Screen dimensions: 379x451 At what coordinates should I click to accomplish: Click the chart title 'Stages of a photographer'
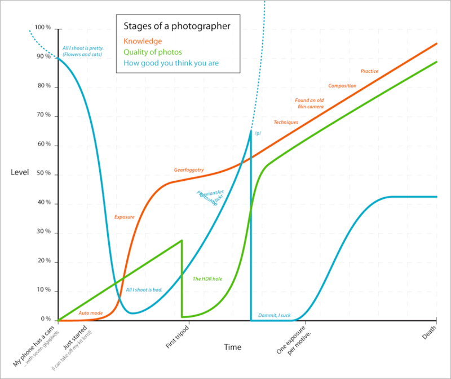click(176, 27)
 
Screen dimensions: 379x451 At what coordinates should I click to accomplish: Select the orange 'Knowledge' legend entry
click(143, 41)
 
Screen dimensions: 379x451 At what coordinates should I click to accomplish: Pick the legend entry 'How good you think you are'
click(170, 64)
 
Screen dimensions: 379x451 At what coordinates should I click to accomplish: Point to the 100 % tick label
click(43, 28)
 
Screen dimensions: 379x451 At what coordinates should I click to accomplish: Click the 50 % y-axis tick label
click(44, 173)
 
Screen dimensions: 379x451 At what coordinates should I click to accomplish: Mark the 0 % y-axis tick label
click(46, 319)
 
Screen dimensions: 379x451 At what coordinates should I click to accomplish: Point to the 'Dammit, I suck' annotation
click(275, 315)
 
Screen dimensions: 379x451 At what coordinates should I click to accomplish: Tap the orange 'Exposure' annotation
click(124, 217)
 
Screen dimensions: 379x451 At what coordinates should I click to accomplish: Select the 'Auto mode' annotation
click(91, 313)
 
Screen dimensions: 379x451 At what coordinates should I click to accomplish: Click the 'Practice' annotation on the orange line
click(369, 71)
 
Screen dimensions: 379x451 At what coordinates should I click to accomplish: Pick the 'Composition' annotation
click(342, 86)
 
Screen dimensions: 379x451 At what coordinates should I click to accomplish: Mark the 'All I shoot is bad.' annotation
click(144, 290)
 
